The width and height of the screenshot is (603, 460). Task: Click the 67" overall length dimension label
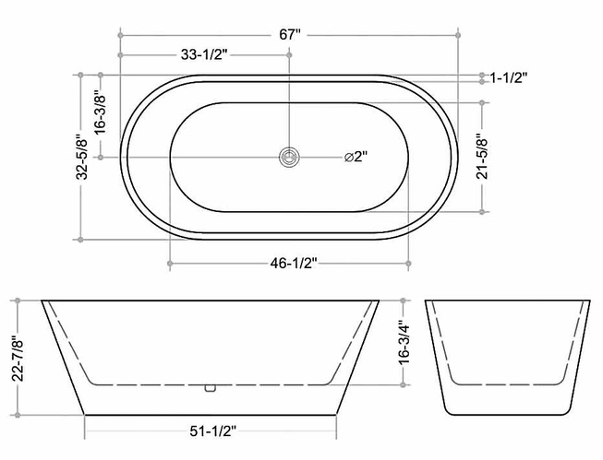[x=290, y=35]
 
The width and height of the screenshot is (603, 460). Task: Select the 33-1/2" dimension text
[x=205, y=55]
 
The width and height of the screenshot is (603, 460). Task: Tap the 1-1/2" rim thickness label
[x=508, y=78]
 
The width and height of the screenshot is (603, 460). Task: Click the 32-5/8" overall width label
[x=82, y=157]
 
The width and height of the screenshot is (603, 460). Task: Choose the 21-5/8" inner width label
[x=482, y=157]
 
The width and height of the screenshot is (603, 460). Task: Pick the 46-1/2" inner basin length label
[x=294, y=264]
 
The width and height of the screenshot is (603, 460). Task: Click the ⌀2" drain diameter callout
[x=356, y=157]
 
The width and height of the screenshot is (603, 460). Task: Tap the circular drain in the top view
[x=289, y=157]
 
